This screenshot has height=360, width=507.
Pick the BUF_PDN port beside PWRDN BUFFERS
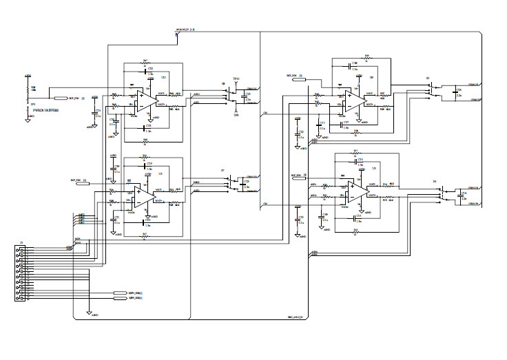[x=61, y=98]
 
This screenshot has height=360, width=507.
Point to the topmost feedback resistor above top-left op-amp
[x=145, y=62]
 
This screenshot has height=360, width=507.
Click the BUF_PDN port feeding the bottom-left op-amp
[x=82, y=183]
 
